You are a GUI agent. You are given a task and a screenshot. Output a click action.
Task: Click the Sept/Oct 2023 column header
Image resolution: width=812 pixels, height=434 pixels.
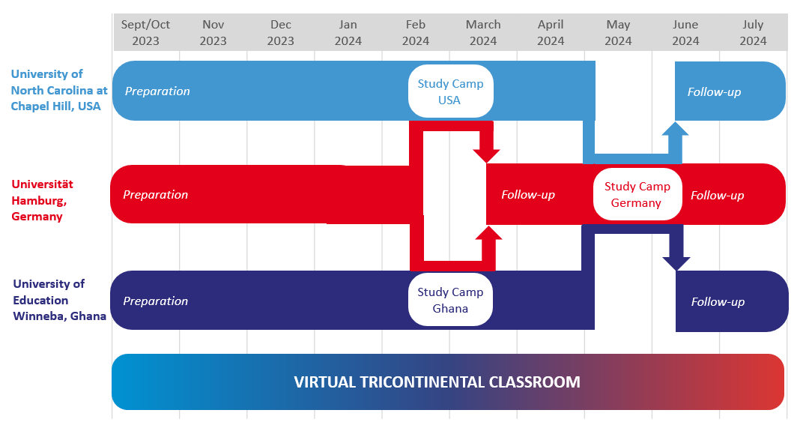(x=145, y=33)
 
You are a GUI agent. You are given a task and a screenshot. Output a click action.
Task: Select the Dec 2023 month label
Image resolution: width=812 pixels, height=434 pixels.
(x=281, y=33)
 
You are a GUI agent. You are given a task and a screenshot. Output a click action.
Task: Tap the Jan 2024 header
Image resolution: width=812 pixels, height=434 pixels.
(x=348, y=33)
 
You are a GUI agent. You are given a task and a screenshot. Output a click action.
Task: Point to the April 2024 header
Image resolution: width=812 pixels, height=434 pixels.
(x=551, y=33)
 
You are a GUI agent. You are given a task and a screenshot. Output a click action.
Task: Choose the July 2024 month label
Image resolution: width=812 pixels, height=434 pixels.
(x=753, y=33)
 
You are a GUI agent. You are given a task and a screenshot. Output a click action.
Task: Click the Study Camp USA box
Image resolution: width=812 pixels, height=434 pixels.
(x=450, y=91)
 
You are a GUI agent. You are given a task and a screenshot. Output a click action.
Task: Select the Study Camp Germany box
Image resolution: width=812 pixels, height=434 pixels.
(x=637, y=194)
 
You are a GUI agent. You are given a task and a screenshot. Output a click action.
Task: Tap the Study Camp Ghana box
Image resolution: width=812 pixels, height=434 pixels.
(x=450, y=300)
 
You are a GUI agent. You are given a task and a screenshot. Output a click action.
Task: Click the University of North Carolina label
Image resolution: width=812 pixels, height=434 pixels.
(x=59, y=90)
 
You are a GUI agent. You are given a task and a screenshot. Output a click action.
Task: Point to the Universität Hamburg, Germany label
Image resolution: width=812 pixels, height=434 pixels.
(x=42, y=200)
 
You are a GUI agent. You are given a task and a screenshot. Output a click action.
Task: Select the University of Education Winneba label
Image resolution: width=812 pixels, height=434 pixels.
(x=60, y=300)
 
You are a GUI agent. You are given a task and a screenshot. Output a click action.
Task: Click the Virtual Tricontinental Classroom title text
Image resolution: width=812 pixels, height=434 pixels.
(x=437, y=382)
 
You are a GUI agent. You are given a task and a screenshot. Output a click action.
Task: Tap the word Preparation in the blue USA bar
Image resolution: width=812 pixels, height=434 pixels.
(x=157, y=91)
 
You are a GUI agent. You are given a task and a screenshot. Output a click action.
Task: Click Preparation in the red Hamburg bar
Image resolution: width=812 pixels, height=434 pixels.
(x=155, y=195)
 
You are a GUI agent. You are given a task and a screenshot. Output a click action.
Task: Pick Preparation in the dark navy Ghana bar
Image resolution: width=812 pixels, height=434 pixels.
(x=155, y=301)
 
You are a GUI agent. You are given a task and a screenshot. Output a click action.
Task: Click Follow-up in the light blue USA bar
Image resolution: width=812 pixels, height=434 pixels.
(x=714, y=92)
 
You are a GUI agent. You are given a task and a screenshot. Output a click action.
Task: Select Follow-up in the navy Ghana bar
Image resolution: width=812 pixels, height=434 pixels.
(x=718, y=302)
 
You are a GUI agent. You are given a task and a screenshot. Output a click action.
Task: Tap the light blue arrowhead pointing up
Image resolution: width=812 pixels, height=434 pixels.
(x=675, y=129)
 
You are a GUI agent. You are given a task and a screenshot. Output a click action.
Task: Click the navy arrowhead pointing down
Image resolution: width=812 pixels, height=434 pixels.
(x=676, y=264)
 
